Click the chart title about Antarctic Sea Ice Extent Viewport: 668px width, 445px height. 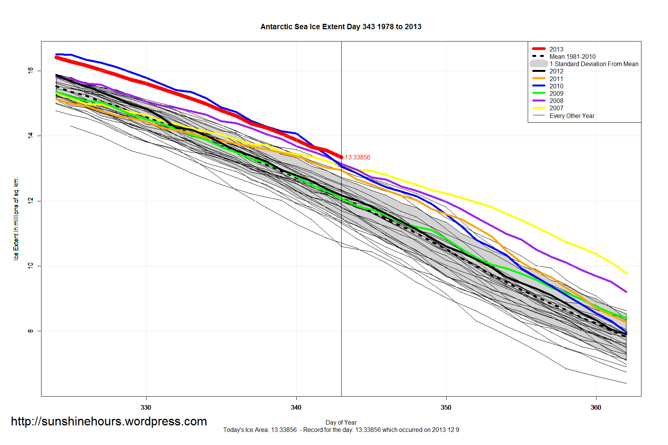point(341,27)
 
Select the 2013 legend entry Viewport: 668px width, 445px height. point(556,49)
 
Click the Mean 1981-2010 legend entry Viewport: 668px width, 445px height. point(572,56)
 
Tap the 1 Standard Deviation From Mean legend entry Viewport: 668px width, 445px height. point(593,64)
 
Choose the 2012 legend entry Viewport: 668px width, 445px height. point(556,71)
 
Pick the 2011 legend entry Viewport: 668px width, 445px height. point(556,79)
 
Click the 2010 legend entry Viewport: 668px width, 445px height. point(556,86)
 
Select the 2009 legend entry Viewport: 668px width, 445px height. point(556,93)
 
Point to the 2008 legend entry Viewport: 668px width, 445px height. point(556,101)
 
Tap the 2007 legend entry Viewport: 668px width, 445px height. point(556,108)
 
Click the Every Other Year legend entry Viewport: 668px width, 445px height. point(572,116)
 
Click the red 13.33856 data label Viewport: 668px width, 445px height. point(357,157)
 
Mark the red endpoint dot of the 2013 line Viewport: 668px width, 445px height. point(341,157)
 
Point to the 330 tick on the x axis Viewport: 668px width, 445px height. point(146,407)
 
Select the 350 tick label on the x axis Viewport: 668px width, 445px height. point(446,407)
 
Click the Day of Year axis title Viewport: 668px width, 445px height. point(341,422)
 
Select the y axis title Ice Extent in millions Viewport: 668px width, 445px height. point(16,219)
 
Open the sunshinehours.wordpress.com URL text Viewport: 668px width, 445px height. point(109,421)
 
